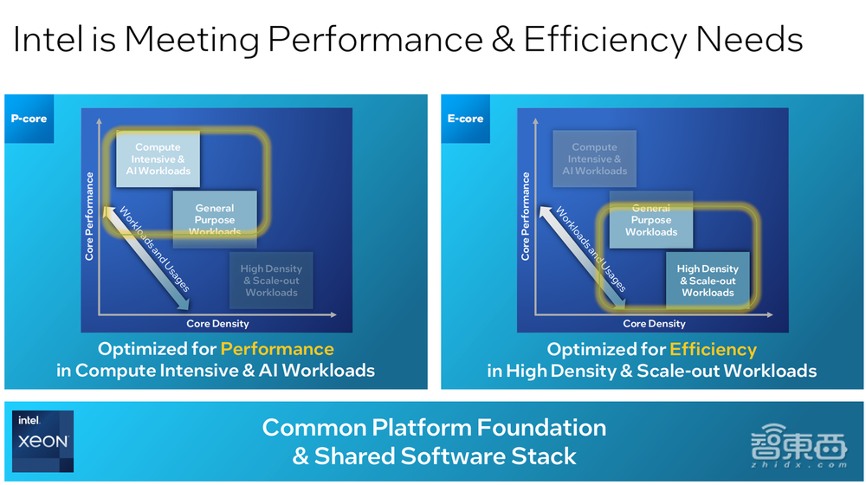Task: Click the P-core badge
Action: click(29, 119)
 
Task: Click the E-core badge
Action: click(466, 119)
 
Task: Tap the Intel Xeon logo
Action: click(43, 442)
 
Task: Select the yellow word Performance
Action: click(277, 349)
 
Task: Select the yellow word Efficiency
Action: click(713, 349)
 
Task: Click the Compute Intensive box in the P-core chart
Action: click(158, 159)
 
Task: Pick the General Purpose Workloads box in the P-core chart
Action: click(215, 220)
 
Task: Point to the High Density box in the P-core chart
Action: click(271, 281)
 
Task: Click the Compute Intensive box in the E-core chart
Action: click(594, 159)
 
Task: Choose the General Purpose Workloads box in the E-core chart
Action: click(651, 220)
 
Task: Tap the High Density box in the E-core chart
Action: click(708, 281)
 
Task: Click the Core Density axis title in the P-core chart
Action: click(217, 324)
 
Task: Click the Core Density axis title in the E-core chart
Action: click(655, 324)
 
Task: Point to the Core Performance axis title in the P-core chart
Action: click(89, 217)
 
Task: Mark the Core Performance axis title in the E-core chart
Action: click(526, 217)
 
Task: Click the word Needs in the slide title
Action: click(749, 39)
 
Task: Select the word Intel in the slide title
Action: click(48, 39)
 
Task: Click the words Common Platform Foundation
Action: click(434, 428)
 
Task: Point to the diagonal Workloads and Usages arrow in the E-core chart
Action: click(582, 257)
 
